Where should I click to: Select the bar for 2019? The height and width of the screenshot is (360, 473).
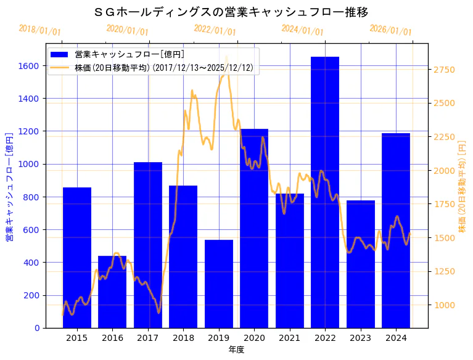coord(219,284)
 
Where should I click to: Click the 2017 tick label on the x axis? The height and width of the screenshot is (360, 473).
coord(148,337)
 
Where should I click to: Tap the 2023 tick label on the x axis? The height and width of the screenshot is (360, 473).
coord(360,337)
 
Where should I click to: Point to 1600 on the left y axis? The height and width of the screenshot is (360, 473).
coord(29,66)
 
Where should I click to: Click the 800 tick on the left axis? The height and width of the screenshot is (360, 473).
coord(31,197)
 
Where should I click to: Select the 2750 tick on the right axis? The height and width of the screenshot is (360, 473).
coord(445,70)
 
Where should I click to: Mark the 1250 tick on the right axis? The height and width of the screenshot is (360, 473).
coord(445,272)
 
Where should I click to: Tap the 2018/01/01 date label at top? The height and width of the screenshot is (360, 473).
coord(39,30)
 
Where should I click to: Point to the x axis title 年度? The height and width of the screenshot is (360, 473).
coord(236,350)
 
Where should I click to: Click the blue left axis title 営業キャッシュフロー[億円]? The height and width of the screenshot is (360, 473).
coord(9,186)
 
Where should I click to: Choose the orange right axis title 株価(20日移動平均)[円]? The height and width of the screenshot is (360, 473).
coord(463,186)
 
